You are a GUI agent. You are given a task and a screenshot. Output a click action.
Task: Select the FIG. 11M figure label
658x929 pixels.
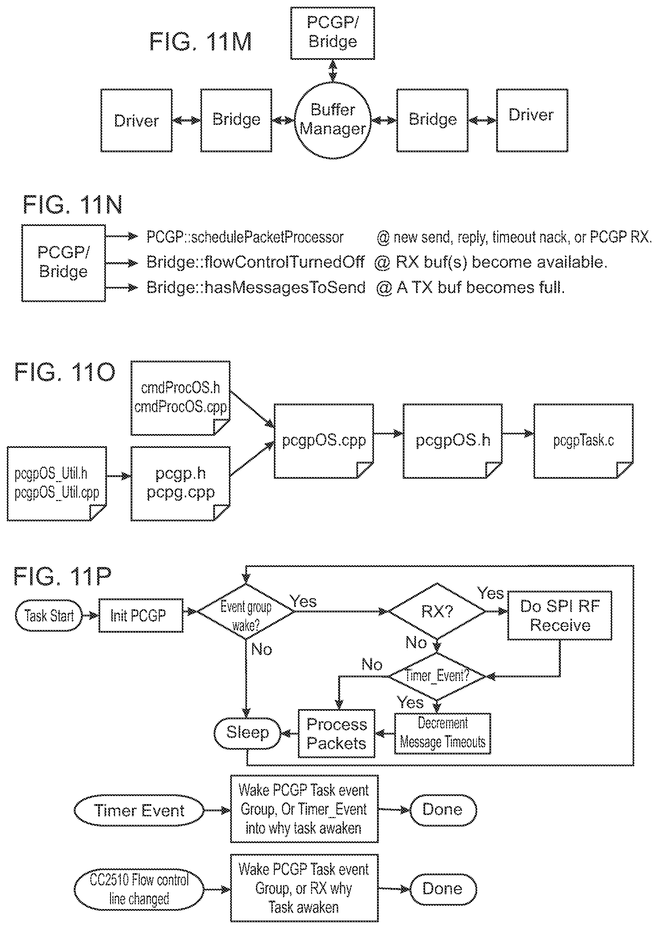(201, 41)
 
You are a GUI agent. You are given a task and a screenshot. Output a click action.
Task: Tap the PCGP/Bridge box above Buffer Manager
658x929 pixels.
(333, 33)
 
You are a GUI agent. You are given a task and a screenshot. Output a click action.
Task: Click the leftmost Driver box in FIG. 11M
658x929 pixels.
(136, 120)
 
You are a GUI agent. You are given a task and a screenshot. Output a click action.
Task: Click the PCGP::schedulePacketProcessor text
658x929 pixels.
(245, 237)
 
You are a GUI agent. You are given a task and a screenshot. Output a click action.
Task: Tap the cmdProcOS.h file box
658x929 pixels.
(181, 398)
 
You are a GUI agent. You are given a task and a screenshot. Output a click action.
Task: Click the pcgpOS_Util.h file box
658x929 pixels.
(57, 483)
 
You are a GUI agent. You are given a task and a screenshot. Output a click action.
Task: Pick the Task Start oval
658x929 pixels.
(49, 615)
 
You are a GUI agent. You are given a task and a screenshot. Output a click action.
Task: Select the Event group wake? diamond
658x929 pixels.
(245, 612)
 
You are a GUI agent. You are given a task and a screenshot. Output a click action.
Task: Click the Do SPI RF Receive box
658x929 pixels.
(560, 615)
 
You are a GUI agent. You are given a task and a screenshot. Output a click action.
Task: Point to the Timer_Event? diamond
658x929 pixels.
(437, 676)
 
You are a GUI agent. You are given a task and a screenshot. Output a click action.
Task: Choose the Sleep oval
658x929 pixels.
(247, 733)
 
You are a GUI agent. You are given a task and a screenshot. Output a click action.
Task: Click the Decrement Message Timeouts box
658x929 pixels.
(442, 733)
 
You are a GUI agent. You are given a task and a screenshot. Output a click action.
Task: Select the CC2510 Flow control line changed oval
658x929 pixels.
(139, 889)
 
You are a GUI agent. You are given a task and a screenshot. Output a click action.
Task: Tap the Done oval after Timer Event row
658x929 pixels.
(443, 810)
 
